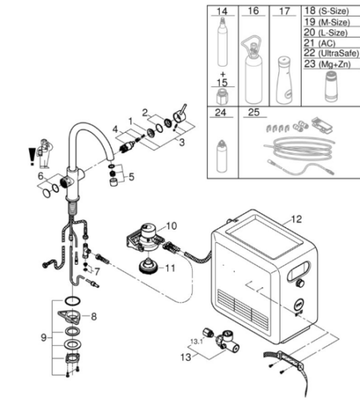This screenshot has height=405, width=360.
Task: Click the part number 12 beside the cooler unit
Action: [x=296, y=219]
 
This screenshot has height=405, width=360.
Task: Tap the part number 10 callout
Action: [x=171, y=226]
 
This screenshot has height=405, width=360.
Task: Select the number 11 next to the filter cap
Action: [x=170, y=268]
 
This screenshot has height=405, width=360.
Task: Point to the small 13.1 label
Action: [x=196, y=341]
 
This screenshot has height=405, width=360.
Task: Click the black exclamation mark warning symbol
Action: [x=32, y=157]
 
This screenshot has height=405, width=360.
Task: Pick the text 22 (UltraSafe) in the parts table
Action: [x=331, y=53]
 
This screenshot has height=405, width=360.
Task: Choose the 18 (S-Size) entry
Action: [x=326, y=10]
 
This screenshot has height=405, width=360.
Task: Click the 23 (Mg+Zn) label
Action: [x=327, y=64]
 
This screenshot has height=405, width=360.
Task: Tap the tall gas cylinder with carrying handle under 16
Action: [x=251, y=70]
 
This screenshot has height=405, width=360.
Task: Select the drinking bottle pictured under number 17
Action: [x=284, y=80]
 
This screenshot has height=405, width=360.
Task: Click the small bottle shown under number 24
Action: [x=221, y=156]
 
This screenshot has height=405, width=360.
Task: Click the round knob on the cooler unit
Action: [x=300, y=283]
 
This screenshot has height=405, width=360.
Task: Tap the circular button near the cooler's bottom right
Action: [x=299, y=304]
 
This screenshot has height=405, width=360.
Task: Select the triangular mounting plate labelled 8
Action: [x=69, y=316]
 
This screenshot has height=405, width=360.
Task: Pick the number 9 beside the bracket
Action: [x=43, y=337]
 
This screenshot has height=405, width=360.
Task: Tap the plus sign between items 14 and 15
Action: [x=223, y=75]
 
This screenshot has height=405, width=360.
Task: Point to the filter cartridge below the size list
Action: [x=331, y=86]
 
